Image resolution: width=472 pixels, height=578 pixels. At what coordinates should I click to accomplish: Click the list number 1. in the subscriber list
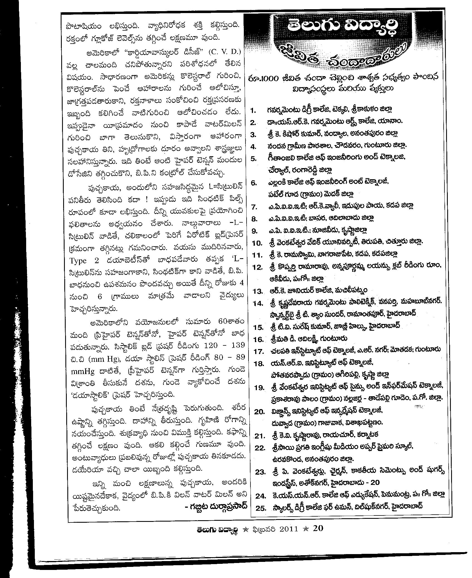tap(253, 110)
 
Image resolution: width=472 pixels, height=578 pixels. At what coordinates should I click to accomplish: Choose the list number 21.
tap(259, 436)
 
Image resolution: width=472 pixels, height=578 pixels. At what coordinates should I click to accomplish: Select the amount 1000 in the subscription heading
tap(269, 79)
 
